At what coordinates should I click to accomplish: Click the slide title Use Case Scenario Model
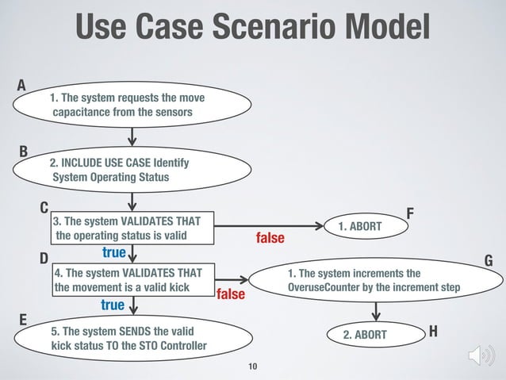(252, 29)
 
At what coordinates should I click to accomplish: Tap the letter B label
(23, 150)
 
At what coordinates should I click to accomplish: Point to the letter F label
(410, 213)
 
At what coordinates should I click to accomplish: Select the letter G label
(488, 261)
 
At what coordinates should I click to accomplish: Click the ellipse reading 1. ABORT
(359, 227)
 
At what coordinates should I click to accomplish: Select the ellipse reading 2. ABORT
(364, 335)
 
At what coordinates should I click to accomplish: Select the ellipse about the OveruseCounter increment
(373, 280)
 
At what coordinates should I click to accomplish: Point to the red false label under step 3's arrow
(270, 238)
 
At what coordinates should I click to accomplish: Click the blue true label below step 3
(114, 252)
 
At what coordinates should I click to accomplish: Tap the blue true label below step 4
(113, 305)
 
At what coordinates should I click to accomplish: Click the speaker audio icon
(481, 355)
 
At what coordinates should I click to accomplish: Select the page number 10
(253, 367)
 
